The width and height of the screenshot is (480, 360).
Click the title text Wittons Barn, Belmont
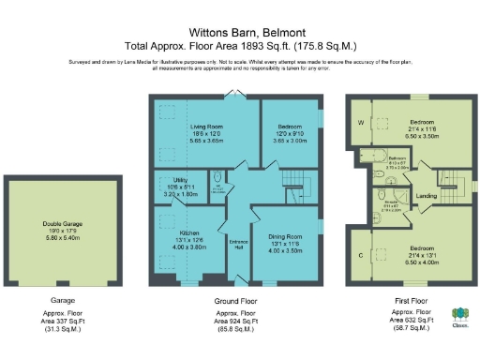click(x=239, y=30)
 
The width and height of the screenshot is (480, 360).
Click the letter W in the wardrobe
click(x=359, y=122)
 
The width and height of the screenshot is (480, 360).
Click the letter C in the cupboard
click(x=359, y=255)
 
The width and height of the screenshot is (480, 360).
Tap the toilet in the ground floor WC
click(x=217, y=177)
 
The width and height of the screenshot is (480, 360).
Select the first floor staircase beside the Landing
click(x=452, y=185)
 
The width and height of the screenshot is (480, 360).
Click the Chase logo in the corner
click(x=460, y=318)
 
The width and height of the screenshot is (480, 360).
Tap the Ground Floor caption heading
click(x=236, y=301)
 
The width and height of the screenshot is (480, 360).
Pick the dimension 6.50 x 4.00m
click(x=422, y=236)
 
